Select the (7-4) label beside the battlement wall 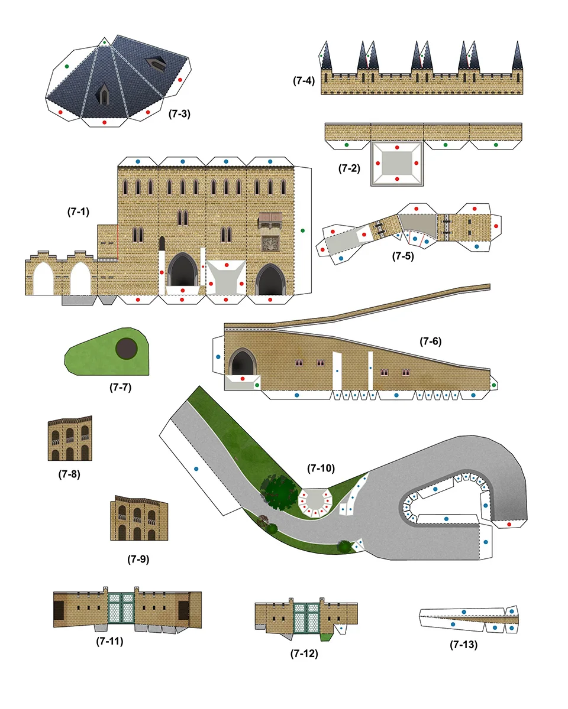click(x=304, y=80)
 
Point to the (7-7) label click(x=120, y=388)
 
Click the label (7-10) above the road click(x=321, y=468)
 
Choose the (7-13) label click(x=463, y=645)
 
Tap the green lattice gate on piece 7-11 click(x=121, y=607)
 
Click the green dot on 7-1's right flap click(x=302, y=230)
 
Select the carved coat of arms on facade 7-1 click(x=270, y=242)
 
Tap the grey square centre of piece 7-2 click(x=397, y=162)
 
